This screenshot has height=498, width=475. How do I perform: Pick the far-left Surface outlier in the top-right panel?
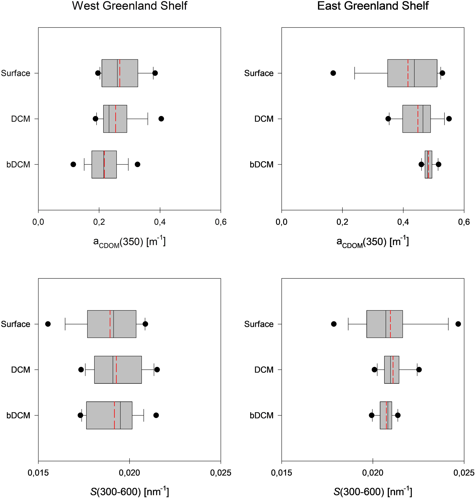point(333,73)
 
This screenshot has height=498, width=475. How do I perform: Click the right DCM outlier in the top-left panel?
point(161,119)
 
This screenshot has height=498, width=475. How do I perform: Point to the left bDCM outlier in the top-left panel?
point(73,164)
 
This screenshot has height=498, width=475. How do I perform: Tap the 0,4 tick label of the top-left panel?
point(160,222)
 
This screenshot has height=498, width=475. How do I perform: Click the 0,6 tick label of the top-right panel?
point(464,222)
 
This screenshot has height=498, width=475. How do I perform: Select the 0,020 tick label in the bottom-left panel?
point(129,473)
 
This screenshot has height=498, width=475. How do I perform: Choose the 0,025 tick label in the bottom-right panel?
point(464,473)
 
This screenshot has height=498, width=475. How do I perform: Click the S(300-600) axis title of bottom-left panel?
point(130,492)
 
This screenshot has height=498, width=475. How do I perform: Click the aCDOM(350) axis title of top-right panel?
point(373,242)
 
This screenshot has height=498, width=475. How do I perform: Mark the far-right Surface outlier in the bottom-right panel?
point(458,324)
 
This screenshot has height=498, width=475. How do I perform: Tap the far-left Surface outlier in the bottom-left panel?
point(48,324)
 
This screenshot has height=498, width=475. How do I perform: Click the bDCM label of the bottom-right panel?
point(262,415)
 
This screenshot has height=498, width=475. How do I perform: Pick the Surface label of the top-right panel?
point(259,73)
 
